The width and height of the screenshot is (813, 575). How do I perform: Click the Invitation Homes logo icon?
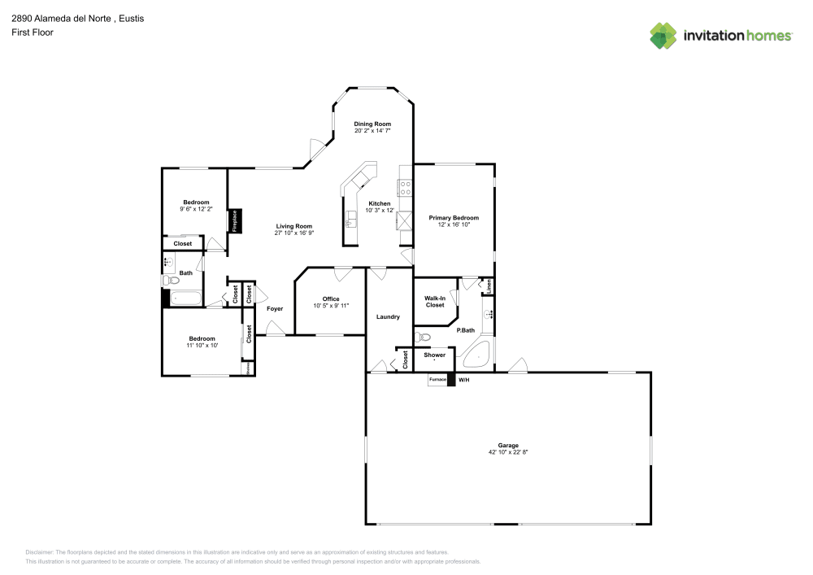tap(663, 35)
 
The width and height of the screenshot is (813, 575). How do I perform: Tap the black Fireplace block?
tap(233, 221)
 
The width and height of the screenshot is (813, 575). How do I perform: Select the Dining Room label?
tap(372, 124)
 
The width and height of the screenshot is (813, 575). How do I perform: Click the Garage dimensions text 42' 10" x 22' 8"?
tap(508, 451)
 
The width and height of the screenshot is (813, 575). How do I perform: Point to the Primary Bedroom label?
tap(454, 218)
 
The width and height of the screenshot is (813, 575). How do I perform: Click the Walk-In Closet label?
tap(434, 302)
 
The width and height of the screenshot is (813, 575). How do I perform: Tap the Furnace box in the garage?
tap(437, 380)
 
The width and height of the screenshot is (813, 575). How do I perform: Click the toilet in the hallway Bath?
tap(171, 281)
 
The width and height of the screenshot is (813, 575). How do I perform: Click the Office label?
tap(330, 299)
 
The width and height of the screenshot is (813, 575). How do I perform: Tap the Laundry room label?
tap(388, 316)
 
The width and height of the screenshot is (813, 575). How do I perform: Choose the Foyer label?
tap(275, 309)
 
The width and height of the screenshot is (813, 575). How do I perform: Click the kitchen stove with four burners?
tap(404, 189)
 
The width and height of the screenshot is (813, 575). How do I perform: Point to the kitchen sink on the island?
tap(352, 220)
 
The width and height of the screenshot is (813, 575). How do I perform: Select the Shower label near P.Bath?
tap(434, 355)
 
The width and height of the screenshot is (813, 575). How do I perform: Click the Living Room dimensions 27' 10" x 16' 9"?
tap(293, 233)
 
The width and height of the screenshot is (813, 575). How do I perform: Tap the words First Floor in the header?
tap(32, 33)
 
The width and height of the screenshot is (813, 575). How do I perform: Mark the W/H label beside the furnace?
tap(463, 380)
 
